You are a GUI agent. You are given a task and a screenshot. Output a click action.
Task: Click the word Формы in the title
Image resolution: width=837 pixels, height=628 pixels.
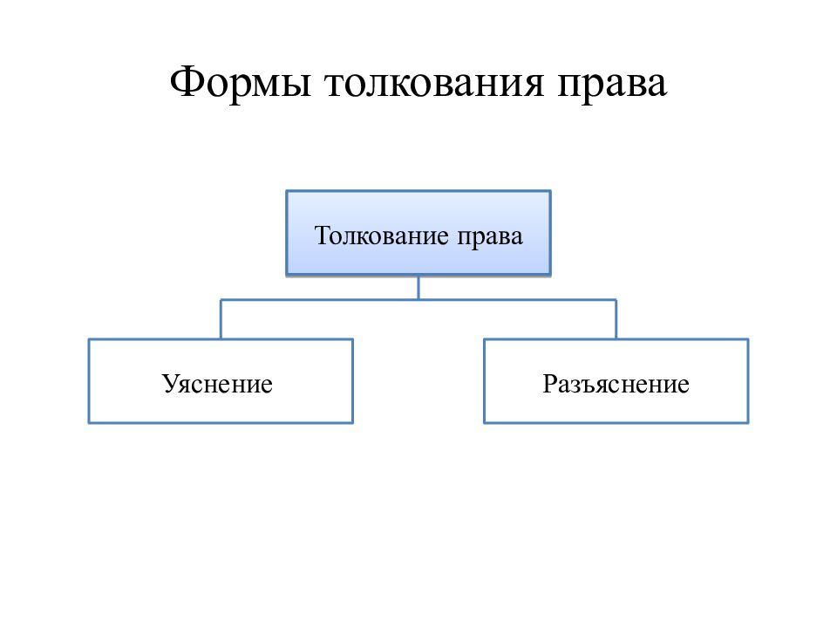[x=241, y=83]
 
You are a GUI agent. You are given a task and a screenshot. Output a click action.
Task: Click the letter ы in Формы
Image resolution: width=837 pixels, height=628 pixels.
[x=297, y=85]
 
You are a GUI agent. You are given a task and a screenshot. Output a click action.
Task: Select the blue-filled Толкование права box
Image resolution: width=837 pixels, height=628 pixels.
[x=418, y=233]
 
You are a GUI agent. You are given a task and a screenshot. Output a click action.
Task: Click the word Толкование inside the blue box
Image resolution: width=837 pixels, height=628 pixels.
[x=382, y=235]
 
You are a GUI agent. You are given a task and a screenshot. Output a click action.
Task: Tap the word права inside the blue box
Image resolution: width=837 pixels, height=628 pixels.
[x=490, y=238]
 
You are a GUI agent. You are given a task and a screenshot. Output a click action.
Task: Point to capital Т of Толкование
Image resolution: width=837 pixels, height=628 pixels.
[x=322, y=235]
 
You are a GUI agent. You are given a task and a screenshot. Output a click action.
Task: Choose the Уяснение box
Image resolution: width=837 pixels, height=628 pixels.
[x=221, y=381]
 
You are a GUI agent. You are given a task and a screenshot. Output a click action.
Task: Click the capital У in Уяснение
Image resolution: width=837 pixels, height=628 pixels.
[x=170, y=384]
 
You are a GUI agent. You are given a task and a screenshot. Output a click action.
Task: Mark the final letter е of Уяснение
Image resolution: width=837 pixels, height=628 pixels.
[x=267, y=386]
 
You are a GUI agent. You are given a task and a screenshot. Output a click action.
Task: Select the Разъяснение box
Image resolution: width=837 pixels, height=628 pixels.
[x=616, y=381]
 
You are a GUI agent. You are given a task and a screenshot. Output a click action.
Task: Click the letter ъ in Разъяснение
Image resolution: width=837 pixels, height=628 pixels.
[x=594, y=386]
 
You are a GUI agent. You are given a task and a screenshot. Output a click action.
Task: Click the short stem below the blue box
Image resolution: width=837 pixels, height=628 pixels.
[x=418, y=288]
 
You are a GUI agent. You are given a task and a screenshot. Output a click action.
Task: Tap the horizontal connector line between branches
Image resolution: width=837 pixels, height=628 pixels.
[x=418, y=299]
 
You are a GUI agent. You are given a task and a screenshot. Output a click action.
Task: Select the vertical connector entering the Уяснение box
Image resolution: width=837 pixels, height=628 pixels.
[x=221, y=319]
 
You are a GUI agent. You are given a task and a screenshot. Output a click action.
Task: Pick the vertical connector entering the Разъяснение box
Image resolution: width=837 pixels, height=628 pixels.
[x=616, y=319]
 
